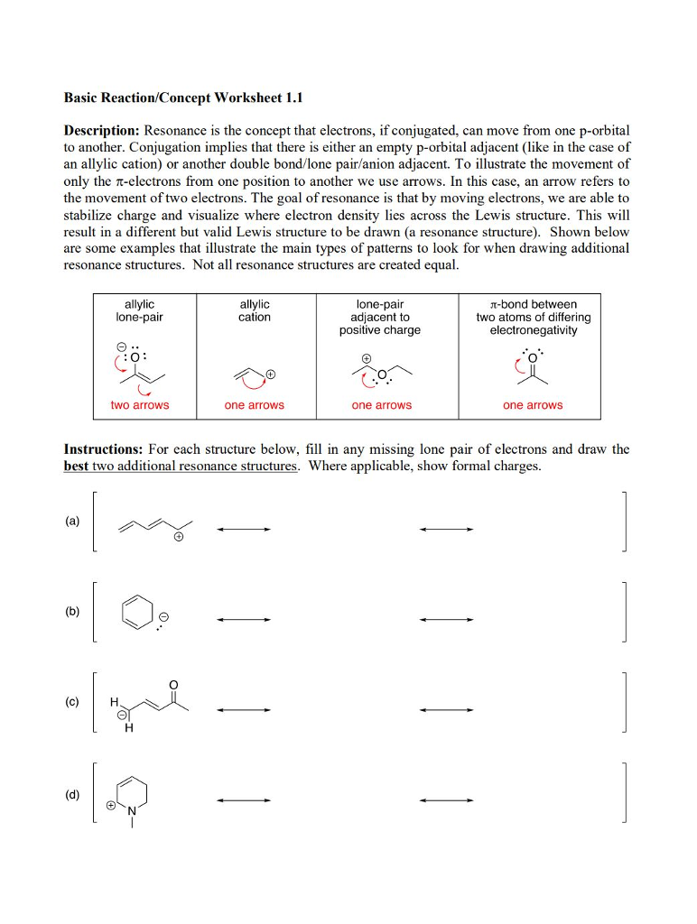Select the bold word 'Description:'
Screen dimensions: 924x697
click(x=101, y=131)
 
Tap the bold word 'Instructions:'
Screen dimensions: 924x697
click(x=103, y=448)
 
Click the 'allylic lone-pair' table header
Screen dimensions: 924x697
click(x=139, y=310)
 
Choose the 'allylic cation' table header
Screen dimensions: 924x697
click(x=254, y=310)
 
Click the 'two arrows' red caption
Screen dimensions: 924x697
click(x=139, y=405)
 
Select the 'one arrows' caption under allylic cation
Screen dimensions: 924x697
click(x=254, y=405)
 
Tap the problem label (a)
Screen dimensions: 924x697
click(x=71, y=522)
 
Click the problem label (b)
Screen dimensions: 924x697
click(x=71, y=611)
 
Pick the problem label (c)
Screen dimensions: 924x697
click(x=71, y=701)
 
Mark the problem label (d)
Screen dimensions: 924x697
click(x=71, y=795)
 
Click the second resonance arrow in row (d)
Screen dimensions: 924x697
click(x=446, y=799)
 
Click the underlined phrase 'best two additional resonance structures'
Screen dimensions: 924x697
click(x=181, y=467)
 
